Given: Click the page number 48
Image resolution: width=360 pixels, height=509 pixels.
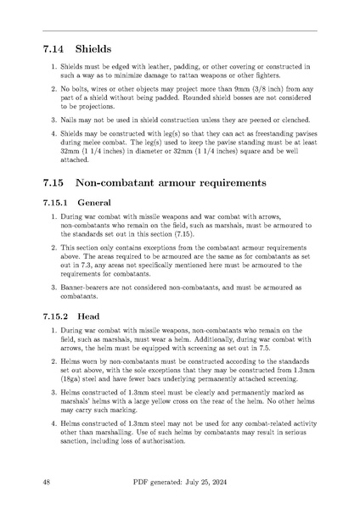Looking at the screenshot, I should pos(47,481).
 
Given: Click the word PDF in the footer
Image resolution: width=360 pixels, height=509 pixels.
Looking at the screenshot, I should pos(143,481).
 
